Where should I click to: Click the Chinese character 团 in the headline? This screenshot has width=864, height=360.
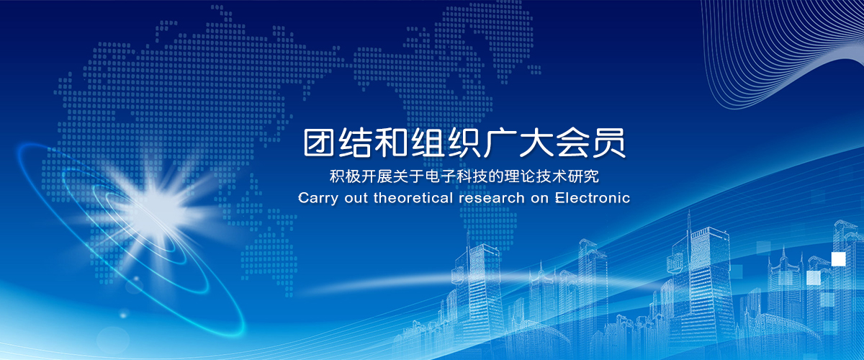[x=318, y=143]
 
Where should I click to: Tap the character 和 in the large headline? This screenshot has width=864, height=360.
[x=392, y=143]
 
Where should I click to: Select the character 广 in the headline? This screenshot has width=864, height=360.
[x=499, y=143]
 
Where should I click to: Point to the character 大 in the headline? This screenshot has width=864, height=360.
[x=535, y=143]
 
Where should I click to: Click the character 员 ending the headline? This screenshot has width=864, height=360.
[x=609, y=143]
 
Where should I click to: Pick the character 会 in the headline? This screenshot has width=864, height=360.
[x=572, y=143]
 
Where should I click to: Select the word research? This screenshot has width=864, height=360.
[x=492, y=198]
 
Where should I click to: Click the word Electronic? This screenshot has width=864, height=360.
[x=593, y=198]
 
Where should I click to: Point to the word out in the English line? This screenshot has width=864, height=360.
[x=356, y=198]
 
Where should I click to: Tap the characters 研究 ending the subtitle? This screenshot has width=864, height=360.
[x=584, y=176]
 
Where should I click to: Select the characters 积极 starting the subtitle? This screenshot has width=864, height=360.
[x=345, y=176]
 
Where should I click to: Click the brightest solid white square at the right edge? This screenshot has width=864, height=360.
[x=838, y=259]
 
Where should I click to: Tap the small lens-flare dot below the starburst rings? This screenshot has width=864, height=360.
[x=123, y=315]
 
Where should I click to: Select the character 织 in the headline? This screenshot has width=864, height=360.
[x=463, y=143]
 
